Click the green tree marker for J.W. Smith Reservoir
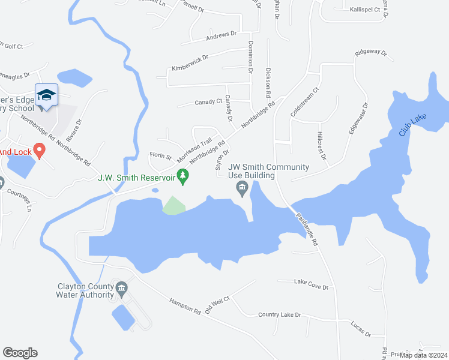coord(184,176)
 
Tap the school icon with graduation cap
coord(46,95)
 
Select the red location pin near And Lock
coord(39,149)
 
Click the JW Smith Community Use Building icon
coord(242,190)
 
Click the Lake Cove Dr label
coord(311,284)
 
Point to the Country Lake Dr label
coord(279,315)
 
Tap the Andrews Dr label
coord(222,36)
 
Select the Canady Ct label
coord(208,103)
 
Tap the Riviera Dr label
coord(77,129)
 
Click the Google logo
coord(20,353)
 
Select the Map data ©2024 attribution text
coord(423,355)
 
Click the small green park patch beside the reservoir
coord(173,205)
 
